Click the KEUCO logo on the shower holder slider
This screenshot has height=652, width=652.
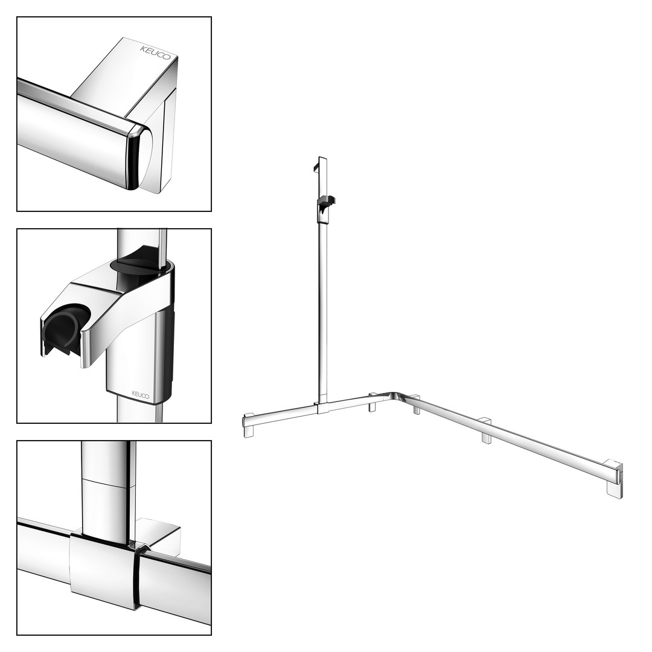141,394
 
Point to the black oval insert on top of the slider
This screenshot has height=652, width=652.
136,266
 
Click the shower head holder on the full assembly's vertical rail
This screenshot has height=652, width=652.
326,204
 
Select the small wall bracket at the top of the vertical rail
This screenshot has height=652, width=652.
316,166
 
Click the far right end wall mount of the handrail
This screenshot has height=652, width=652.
615,478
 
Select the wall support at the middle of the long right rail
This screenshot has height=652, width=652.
485,431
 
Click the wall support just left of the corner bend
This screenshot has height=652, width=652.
372,402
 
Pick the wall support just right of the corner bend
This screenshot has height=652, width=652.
417,406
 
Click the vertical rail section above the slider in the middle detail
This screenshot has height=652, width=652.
142,241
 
